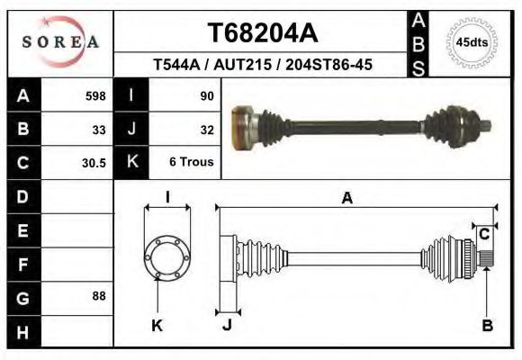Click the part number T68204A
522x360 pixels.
click(263, 33)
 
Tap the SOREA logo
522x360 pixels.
click(60, 41)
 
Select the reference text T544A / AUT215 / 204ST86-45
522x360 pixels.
click(263, 66)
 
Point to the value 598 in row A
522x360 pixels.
click(95, 95)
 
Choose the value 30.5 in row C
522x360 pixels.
click(94, 164)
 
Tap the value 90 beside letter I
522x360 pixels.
click(206, 95)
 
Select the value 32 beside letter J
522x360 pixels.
click(206, 130)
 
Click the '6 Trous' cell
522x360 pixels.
click(192, 164)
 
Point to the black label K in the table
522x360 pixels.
click(131, 162)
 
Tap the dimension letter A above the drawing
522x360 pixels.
click(346, 200)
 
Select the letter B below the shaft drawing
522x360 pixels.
click(487, 326)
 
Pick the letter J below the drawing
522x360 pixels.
click(227, 326)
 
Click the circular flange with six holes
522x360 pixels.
click(167, 256)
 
